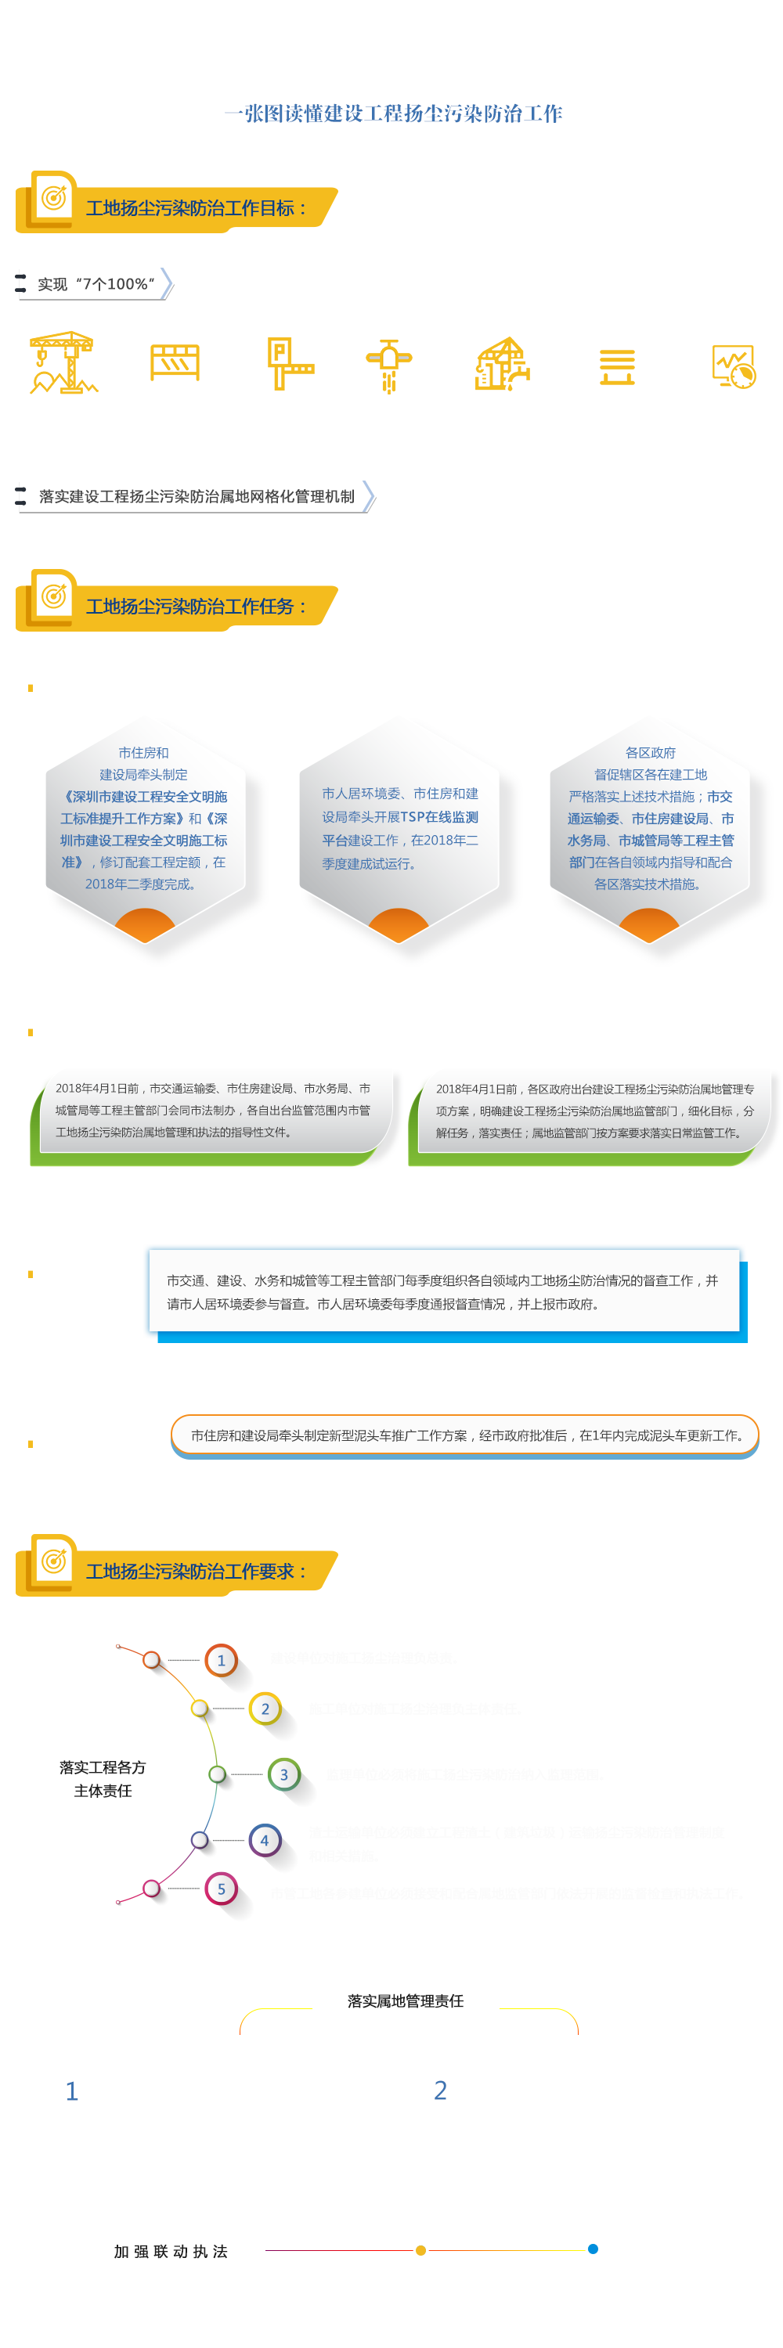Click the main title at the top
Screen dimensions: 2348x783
[393, 113]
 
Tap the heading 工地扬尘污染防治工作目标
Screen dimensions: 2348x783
[196, 208]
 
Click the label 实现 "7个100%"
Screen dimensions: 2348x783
[96, 284]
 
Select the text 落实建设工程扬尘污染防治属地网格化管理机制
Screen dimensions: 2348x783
[196, 497]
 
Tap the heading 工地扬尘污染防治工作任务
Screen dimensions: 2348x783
[196, 606]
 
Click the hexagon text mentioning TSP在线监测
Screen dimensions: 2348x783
[400, 827]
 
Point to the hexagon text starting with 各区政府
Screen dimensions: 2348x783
[650, 818]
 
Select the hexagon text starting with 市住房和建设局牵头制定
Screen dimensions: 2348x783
[144, 818]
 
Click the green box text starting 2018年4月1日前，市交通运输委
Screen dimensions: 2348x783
[212, 1110]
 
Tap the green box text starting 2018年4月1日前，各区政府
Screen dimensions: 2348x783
[594, 1110]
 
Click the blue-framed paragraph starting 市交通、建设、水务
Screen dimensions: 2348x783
[442, 1291]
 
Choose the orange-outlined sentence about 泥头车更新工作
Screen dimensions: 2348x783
[466, 1435]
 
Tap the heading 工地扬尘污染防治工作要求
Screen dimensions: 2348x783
[196, 1572]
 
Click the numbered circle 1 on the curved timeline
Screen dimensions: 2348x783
[222, 1661]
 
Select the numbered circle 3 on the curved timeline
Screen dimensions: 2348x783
[283, 1774]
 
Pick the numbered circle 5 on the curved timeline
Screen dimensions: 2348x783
[222, 1889]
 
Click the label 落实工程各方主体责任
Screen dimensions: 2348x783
[103, 1778]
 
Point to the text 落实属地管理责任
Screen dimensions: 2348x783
[406, 2000]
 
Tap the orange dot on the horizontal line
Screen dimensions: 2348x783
[420, 2249]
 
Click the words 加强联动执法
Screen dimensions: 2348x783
[171, 2252]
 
